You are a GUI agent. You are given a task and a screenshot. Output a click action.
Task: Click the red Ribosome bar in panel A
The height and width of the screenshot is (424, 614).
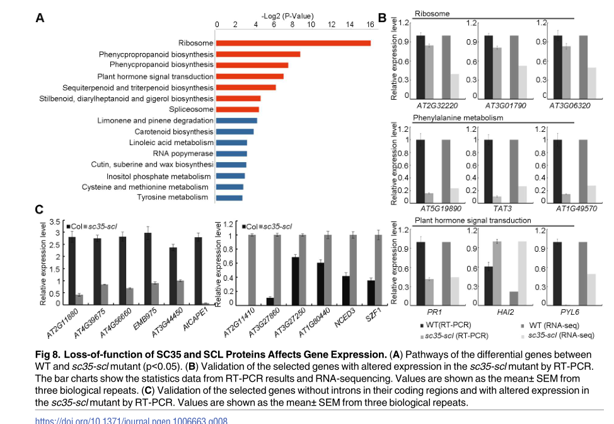point(293,43)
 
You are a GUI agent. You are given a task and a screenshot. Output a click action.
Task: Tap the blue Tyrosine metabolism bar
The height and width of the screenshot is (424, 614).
point(229,198)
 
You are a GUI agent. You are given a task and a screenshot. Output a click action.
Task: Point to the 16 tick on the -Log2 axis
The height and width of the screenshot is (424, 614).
point(369,25)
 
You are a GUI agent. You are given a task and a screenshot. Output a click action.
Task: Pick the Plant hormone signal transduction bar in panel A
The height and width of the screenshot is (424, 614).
point(250,76)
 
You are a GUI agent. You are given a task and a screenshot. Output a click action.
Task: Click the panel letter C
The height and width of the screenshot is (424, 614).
point(38,209)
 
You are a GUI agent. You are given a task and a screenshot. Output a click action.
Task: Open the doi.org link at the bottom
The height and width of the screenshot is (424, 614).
point(131,420)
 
